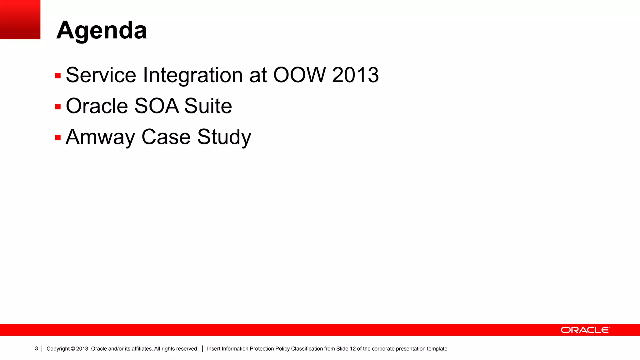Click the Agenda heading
[x=102, y=30]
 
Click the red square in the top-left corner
[x=20, y=19]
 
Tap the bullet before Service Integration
[x=58, y=76]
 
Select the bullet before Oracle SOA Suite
[x=58, y=107]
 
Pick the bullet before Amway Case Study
[x=58, y=137]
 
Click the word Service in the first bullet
[x=101, y=75]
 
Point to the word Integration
[x=193, y=75]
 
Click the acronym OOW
[x=299, y=75]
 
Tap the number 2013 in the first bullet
[x=355, y=75]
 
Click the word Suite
[x=208, y=106]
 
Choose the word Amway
[x=100, y=137]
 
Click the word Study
[x=224, y=137]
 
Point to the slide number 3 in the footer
[x=36, y=348]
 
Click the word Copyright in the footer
[x=58, y=349]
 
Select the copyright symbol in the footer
[x=73, y=349]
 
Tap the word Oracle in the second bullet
[x=97, y=106]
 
